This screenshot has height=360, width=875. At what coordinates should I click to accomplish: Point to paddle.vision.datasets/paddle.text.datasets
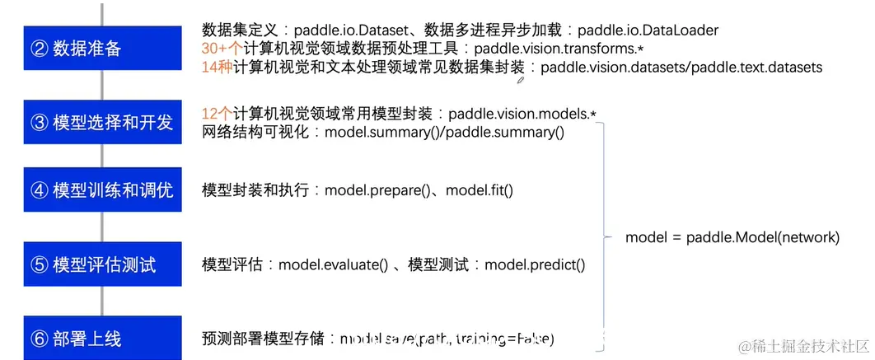tap(681, 68)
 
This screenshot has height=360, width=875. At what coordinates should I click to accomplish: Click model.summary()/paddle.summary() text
tap(445, 132)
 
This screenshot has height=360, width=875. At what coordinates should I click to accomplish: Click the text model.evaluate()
tap(333, 264)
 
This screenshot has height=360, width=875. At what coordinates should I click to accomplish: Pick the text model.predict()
tap(535, 264)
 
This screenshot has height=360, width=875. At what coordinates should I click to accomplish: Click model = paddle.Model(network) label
tap(732, 237)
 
